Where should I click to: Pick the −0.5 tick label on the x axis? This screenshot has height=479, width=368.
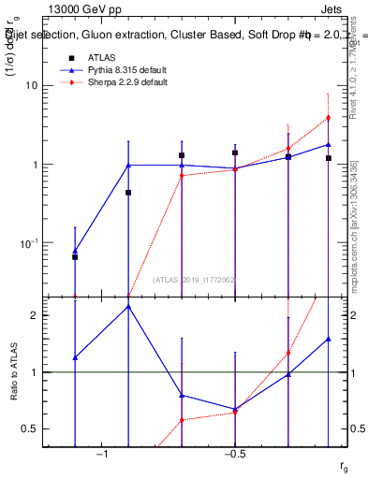click(x=234, y=454)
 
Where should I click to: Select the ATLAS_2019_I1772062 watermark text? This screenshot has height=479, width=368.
click(x=194, y=281)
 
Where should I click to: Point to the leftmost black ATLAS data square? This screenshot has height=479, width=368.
click(x=75, y=256)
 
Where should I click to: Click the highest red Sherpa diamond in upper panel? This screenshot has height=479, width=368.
click(x=328, y=118)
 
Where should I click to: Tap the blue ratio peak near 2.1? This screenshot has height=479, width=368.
click(x=128, y=306)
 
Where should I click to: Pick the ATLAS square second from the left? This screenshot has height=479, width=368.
click(x=128, y=193)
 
